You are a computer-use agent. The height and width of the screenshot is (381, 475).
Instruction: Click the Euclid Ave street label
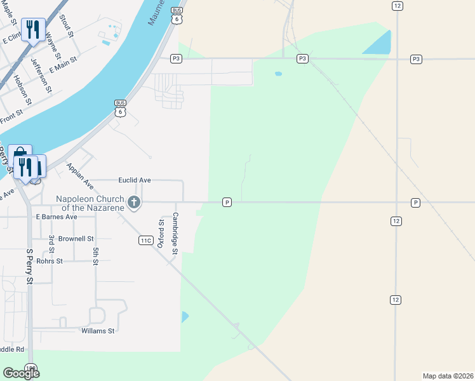pyautogui.click(x=135, y=180)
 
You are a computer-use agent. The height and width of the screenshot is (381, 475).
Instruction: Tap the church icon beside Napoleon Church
pyautogui.click(x=134, y=203)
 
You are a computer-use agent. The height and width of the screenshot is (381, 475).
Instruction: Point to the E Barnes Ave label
pyautogui.click(x=56, y=217)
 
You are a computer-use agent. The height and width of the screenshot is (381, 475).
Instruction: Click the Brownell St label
pyautogui.click(x=76, y=239)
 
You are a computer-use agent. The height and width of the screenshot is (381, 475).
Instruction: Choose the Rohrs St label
pyautogui.click(x=50, y=261)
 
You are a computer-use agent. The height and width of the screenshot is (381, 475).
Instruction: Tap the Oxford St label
pyautogui.click(x=161, y=229)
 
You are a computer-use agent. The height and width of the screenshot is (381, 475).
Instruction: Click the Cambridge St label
pyautogui.click(x=175, y=233)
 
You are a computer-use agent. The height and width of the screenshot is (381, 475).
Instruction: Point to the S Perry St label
pyautogui.click(x=29, y=266)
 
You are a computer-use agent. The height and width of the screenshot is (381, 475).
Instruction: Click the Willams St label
pyautogui.click(x=98, y=331)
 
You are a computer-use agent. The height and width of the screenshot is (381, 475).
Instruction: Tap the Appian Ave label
pyautogui.click(x=79, y=177)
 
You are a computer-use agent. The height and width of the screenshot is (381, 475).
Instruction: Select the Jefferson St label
pyautogui.click(x=40, y=75)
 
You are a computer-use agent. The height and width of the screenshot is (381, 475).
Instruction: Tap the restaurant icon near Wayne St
pyautogui.click(x=33, y=29)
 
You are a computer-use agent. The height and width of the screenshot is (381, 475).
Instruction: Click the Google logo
pyautogui.click(x=21, y=373)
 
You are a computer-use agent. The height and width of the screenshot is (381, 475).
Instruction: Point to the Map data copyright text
pyautogui.click(x=447, y=376)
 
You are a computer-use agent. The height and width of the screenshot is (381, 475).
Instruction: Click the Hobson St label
pyautogui.click(x=22, y=90)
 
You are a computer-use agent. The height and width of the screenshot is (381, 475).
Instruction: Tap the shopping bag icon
pyautogui.click(x=18, y=155)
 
